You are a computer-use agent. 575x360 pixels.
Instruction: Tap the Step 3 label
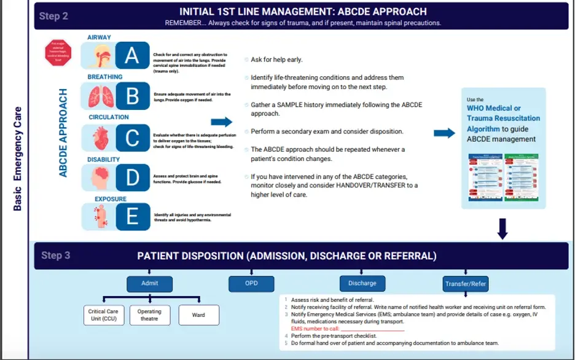56,255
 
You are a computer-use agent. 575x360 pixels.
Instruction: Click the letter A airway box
132,55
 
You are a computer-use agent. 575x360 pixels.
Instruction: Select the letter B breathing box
132,96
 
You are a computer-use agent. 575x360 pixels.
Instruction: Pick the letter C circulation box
132,138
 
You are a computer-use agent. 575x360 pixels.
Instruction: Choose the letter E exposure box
132,217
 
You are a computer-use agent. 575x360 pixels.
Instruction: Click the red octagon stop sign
58,53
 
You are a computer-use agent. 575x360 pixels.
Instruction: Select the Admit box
149,283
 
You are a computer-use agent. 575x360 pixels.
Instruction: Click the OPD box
251,284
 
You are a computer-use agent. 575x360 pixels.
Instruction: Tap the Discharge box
362,283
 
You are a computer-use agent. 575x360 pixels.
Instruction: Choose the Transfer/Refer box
466,284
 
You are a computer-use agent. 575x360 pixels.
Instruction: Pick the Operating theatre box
149,315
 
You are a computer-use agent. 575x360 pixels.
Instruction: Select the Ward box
198,315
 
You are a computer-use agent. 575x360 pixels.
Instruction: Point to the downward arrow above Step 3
502,229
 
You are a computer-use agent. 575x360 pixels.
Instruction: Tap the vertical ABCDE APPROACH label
63,133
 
